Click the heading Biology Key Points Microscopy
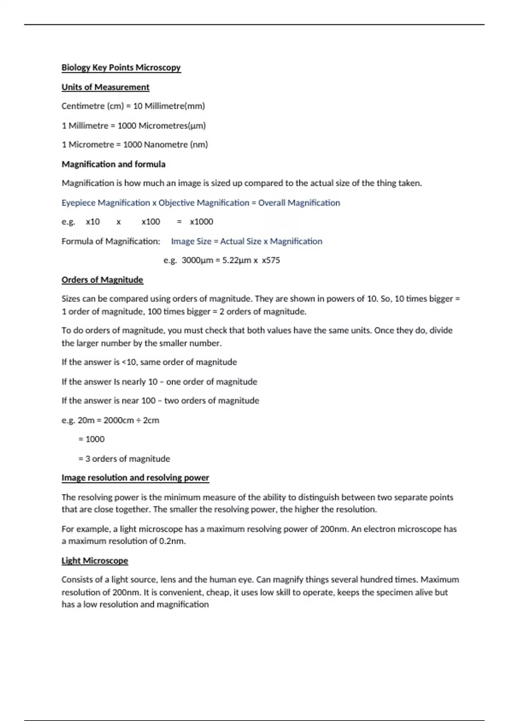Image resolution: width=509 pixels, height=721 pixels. click(121, 67)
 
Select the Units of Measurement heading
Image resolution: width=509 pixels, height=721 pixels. click(105, 87)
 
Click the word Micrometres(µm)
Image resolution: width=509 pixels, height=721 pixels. click(172, 126)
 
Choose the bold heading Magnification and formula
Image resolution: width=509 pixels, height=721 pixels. click(113, 164)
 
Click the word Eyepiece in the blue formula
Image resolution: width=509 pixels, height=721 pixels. click(78, 203)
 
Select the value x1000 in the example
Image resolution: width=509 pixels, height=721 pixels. click(201, 222)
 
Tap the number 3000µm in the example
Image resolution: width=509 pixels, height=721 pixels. click(197, 260)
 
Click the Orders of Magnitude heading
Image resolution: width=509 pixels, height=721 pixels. click(102, 280)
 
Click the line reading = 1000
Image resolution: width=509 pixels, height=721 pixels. click(91, 439)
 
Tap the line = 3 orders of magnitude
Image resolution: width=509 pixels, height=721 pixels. click(124, 459)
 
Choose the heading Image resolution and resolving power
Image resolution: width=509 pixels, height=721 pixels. click(135, 478)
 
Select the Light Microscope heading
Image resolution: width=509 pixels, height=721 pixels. click(95, 561)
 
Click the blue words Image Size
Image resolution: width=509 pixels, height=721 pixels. click(191, 241)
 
